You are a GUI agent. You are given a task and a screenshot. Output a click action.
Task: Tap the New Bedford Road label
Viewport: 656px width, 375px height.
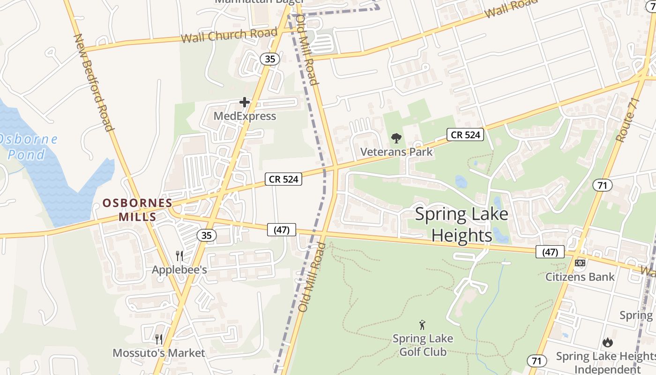click(x=94, y=82)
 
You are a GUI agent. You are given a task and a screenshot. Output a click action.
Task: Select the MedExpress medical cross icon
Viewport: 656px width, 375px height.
click(x=244, y=102)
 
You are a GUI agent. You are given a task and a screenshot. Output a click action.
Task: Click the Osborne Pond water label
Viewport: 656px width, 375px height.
click(x=28, y=147)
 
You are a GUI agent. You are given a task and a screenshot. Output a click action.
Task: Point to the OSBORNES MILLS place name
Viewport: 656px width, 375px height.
click(x=137, y=210)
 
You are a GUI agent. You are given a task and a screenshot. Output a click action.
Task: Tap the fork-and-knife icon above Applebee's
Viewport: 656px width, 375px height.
click(x=179, y=256)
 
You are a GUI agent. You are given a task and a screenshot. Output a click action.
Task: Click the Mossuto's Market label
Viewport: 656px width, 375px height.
click(x=159, y=353)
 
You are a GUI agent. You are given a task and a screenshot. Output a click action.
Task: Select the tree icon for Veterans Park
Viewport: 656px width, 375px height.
click(x=396, y=138)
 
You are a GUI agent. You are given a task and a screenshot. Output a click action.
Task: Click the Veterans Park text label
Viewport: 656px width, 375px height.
click(x=396, y=152)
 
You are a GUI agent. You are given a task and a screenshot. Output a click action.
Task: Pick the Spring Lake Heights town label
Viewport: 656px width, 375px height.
click(x=462, y=225)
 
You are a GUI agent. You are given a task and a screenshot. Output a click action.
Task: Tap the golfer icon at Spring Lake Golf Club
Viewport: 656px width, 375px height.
click(x=422, y=324)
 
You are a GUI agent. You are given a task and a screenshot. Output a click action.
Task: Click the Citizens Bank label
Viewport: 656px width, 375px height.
click(x=580, y=277)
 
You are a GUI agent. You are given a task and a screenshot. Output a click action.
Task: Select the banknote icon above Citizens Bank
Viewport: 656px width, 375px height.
click(x=580, y=263)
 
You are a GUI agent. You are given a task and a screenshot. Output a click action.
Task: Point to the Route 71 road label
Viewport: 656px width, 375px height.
click(x=627, y=120)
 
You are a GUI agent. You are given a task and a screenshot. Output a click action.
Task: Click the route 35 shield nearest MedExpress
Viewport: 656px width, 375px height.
click(x=270, y=59)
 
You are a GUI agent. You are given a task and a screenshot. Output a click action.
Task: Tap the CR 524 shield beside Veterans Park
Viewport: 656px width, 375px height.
click(x=465, y=135)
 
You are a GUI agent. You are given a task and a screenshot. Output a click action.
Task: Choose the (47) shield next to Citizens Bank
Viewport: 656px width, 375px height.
click(x=550, y=252)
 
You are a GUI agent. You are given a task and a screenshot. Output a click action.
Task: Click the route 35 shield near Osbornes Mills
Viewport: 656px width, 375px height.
click(x=207, y=235)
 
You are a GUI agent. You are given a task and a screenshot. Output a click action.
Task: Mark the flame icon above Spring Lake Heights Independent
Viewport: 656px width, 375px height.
click(x=607, y=342)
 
